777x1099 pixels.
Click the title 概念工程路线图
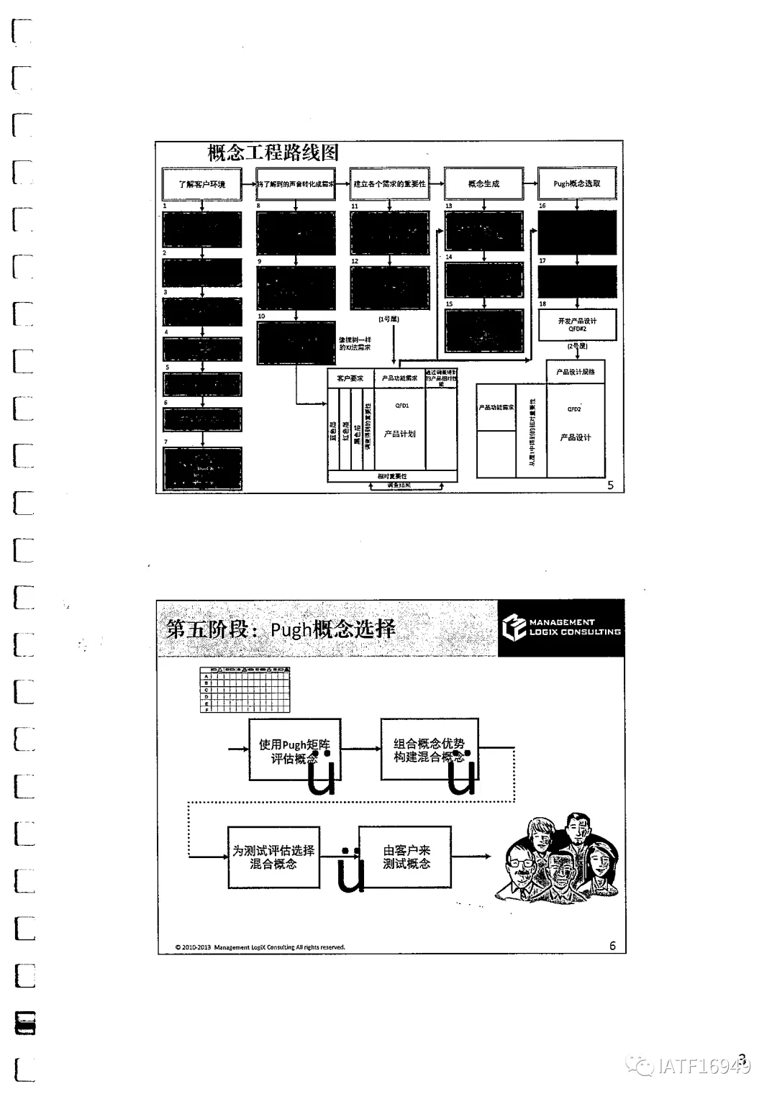pos(273,153)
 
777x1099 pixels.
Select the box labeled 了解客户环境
pos(202,184)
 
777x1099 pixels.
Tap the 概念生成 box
pos(483,184)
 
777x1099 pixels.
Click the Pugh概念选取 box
pos(577,184)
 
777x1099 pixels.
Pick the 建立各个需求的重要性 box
pos(389,184)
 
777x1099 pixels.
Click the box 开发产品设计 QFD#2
pos(578,324)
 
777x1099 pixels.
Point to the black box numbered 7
pos(202,468)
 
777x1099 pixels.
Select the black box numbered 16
pos(577,232)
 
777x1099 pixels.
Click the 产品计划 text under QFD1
pos(400,434)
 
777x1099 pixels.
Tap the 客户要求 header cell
pos(350,378)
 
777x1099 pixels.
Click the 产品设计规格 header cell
pos(576,372)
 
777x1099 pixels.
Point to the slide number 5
pos(611,485)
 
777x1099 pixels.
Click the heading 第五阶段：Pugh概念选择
pos(281,629)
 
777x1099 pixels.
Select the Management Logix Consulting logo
pos(561,628)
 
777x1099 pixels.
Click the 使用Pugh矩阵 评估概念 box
pos(294,751)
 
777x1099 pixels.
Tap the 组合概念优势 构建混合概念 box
pos(430,750)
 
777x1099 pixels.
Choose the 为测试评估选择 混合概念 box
pos(273,857)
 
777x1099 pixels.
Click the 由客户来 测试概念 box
pos(406,857)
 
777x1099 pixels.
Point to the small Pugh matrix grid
pos(245,690)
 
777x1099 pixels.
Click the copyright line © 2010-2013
pos(260,947)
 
